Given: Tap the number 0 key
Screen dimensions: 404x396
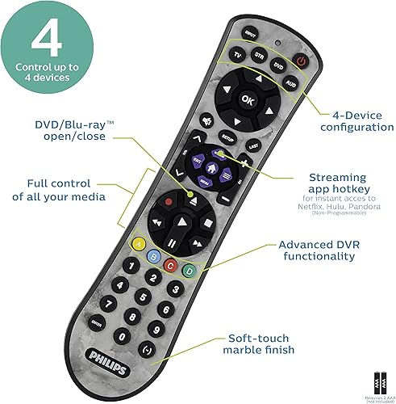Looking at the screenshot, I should tap(123, 335).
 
